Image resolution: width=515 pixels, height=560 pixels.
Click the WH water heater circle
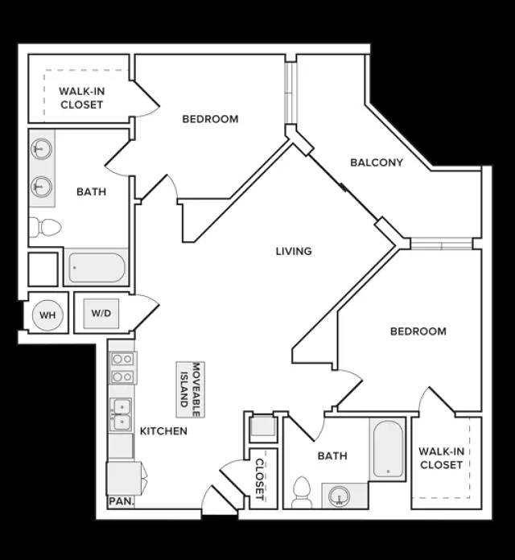(x=47, y=315)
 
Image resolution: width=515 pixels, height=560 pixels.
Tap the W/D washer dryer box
(x=101, y=314)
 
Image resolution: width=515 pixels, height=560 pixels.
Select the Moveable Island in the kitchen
(x=191, y=389)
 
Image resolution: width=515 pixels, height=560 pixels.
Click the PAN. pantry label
(x=121, y=501)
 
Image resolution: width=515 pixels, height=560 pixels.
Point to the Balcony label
(x=377, y=163)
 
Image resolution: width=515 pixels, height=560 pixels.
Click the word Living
(x=294, y=251)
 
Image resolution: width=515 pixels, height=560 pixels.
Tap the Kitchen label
(x=163, y=431)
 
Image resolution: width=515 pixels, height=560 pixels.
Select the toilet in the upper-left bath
(x=45, y=227)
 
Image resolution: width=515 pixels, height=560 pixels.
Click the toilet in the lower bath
(x=302, y=492)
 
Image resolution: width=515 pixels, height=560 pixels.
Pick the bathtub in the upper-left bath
(x=97, y=267)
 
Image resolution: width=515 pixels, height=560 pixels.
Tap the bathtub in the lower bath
(x=388, y=449)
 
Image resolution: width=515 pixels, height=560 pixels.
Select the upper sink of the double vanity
(x=41, y=148)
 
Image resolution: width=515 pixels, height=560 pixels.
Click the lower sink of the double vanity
(x=41, y=186)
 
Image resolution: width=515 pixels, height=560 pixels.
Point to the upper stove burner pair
(x=122, y=359)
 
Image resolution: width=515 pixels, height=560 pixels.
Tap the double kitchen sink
(x=121, y=414)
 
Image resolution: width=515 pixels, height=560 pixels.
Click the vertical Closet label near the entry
(x=260, y=480)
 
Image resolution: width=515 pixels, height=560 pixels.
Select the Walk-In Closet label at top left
(x=82, y=98)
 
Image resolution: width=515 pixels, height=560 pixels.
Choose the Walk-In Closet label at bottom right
(x=442, y=458)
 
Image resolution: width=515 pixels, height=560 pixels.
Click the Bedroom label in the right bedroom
(x=418, y=331)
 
